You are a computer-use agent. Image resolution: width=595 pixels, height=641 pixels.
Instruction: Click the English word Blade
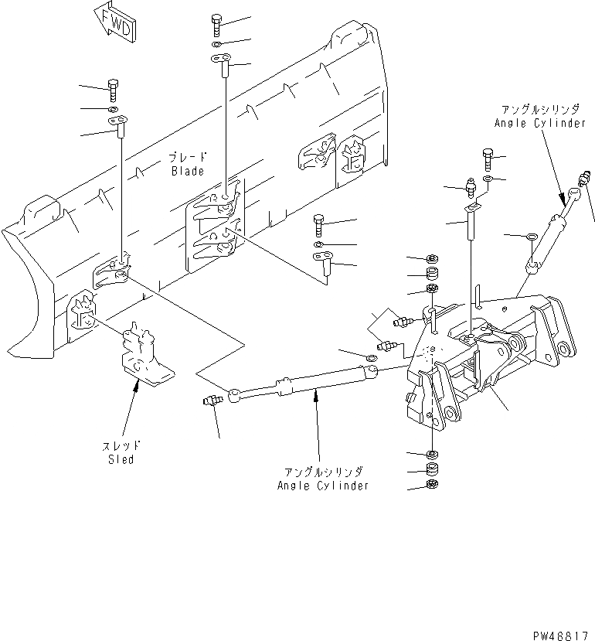point(188,171)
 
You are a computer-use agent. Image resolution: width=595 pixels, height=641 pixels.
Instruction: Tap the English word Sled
point(121,459)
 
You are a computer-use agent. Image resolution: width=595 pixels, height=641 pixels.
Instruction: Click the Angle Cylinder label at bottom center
point(323,486)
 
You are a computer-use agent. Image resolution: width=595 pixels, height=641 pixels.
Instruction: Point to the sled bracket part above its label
point(144,356)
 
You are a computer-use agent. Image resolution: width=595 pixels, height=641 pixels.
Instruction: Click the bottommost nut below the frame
point(431,486)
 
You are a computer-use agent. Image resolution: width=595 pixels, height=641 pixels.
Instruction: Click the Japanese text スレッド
point(121,446)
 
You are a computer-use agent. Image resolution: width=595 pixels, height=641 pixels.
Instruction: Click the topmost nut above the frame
point(432,258)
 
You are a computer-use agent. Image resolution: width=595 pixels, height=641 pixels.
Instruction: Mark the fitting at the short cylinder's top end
point(580,188)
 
